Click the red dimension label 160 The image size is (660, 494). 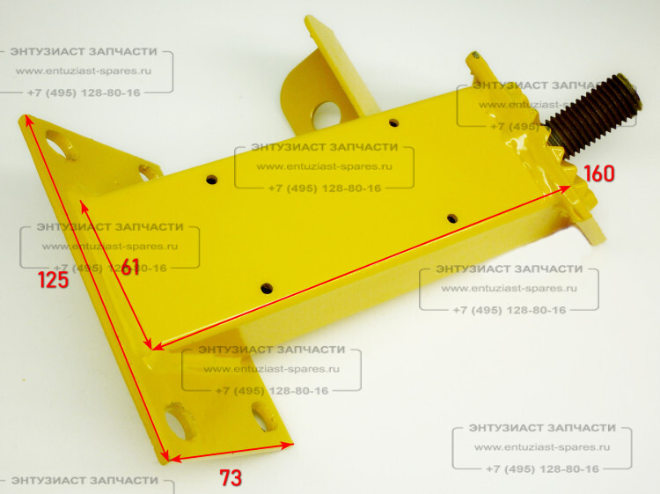coord(599,173)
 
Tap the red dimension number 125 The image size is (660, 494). coord(53,280)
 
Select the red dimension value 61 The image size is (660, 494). coord(130,267)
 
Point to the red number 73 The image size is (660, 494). coord(231,478)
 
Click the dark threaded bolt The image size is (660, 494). coord(592,114)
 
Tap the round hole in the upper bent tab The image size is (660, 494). coord(326,114)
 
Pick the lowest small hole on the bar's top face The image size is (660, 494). coord(267,289)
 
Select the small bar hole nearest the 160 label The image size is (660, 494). coord(452,218)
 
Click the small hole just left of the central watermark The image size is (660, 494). coord(212,180)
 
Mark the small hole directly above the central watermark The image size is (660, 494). coord(394,123)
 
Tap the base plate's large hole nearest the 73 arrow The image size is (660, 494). coord(179,421)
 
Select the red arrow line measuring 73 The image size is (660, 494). coord(231,452)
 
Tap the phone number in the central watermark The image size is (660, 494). coord(325,188)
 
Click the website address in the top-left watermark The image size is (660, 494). coord(84,70)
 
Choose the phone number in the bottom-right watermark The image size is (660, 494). coord(542,469)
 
